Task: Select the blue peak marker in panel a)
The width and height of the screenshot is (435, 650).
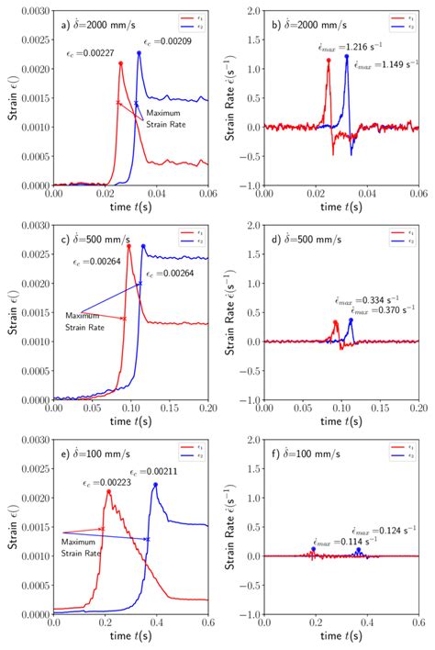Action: click(x=139, y=52)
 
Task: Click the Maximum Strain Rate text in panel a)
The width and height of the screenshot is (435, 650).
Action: click(x=166, y=118)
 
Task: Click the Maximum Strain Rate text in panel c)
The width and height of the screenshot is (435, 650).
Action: click(x=86, y=320)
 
